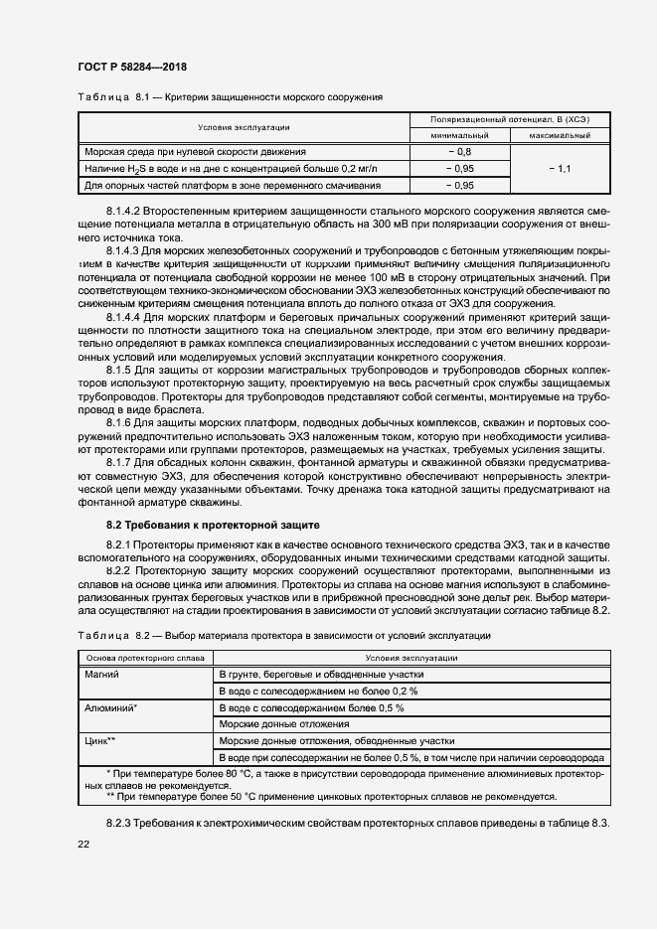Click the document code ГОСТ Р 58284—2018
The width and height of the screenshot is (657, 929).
tap(131, 67)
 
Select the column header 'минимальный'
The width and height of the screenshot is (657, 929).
tap(459, 135)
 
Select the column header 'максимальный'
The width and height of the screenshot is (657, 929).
tap(560, 135)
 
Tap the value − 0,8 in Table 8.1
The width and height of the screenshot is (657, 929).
tap(459, 152)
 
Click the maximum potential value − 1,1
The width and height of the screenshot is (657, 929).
tap(560, 169)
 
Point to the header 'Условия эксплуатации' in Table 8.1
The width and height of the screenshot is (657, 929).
tap(244, 127)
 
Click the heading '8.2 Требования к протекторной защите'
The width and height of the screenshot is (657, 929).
tap(213, 524)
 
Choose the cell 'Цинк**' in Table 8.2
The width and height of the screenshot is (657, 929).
tap(102, 740)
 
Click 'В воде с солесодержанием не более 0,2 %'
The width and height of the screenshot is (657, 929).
tap(318, 691)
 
